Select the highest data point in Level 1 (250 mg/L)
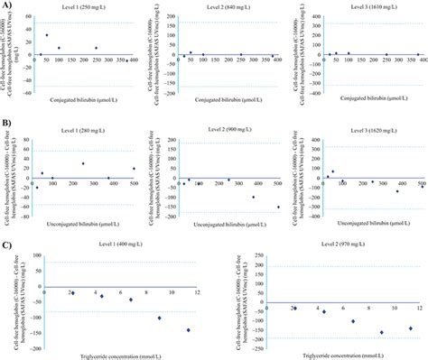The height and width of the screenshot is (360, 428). (x=47, y=35)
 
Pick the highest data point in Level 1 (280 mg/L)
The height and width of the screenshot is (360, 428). (x=83, y=163)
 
